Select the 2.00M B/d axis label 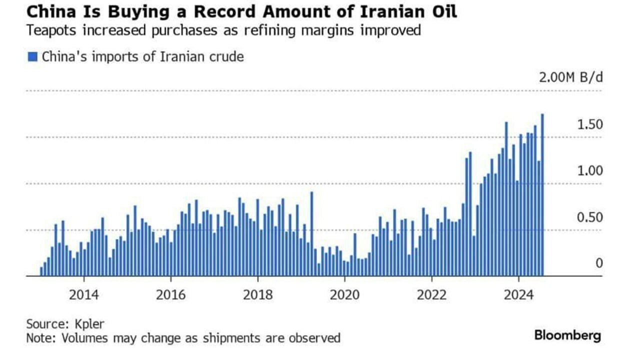(570, 77)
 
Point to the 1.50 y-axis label (590, 124)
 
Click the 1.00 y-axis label (590, 171)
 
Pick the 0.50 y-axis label (590, 218)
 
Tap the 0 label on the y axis (599, 263)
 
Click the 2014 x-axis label (84, 294)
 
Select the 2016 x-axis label (170, 294)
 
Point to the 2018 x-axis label (258, 294)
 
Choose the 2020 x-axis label (345, 294)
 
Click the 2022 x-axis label (432, 294)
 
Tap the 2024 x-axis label (519, 294)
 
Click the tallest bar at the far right (542, 195)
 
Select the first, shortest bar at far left (41, 271)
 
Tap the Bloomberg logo (567, 335)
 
